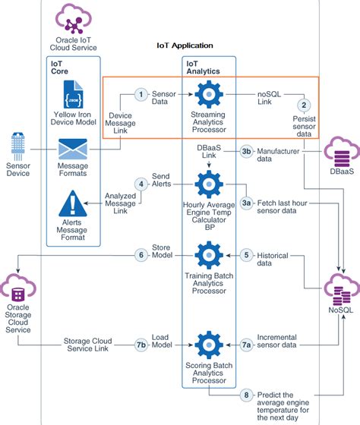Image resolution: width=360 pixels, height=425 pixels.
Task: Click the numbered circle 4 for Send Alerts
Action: click(x=141, y=184)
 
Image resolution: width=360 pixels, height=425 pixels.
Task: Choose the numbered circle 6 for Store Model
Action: click(x=141, y=255)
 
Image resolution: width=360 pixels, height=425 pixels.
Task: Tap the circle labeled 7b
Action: click(x=141, y=345)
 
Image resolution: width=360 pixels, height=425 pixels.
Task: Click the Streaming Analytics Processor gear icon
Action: click(x=207, y=95)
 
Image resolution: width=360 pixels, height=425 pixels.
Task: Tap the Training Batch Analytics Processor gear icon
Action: click(x=207, y=256)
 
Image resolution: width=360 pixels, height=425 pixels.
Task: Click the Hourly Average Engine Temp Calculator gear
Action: click(x=207, y=184)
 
